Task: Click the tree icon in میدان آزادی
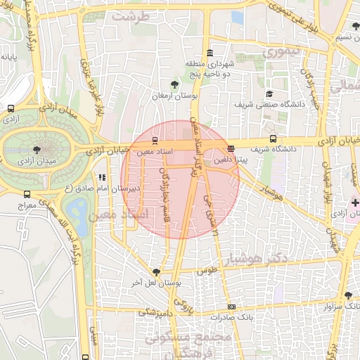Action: [x=36, y=149]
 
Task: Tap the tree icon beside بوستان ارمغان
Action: [x=165, y=84]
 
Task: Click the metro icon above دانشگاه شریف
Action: [x=273, y=139]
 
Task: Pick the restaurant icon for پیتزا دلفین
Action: [x=231, y=148]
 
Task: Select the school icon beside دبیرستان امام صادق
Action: [x=101, y=178]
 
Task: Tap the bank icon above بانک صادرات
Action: [x=231, y=307]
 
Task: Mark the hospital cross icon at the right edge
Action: [x=355, y=202]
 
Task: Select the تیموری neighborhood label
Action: [x=281, y=52]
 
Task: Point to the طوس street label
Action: [x=206, y=270]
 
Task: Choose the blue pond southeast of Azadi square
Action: [x=79, y=209]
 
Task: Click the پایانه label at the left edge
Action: [x=8, y=56]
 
